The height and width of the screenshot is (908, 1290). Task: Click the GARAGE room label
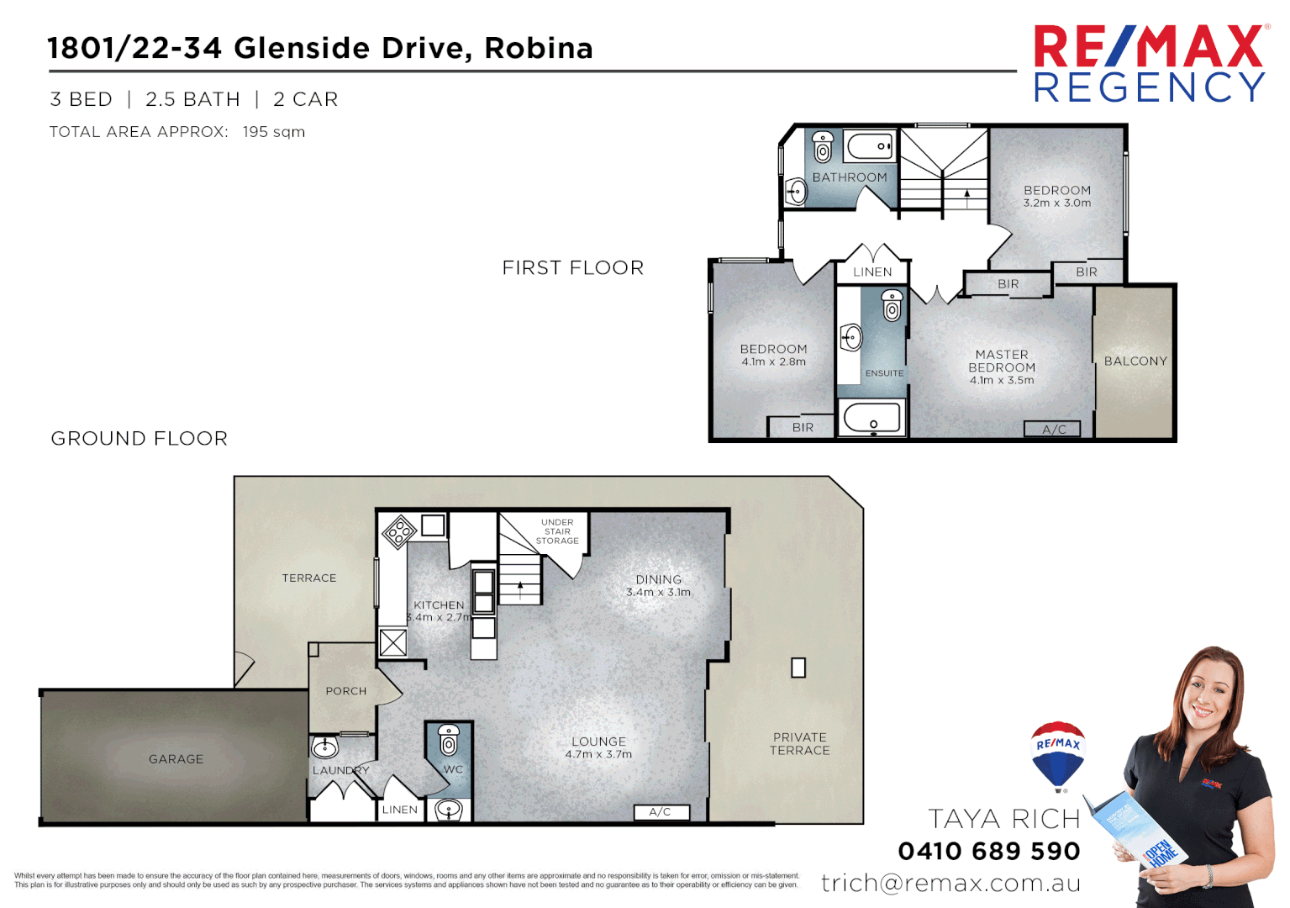[x=176, y=759]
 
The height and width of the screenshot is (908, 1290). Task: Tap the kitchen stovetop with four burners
[x=399, y=531]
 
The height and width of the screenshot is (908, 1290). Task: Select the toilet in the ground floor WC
[x=449, y=741]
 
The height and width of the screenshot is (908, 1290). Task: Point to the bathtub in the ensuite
[x=871, y=418]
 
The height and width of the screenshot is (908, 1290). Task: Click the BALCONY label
[x=1135, y=362]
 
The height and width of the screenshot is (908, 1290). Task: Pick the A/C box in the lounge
[x=661, y=812]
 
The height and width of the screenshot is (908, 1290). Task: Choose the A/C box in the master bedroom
[x=1053, y=430]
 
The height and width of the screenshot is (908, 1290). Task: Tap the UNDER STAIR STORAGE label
[x=557, y=531]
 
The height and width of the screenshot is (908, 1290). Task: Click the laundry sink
[x=324, y=747]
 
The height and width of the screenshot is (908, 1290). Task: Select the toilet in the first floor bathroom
[x=823, y=147]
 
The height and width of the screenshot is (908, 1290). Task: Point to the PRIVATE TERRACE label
[x=799, y=744]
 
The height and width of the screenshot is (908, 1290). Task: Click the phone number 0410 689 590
[x=989, y=851]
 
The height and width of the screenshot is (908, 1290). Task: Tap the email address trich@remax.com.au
[x=950, y=883]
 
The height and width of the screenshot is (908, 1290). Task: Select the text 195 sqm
[x=274, y=132]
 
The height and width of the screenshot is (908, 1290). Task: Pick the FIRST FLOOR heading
[x=573, y=268]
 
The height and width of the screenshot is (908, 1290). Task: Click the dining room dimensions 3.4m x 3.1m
[x=658, y=593]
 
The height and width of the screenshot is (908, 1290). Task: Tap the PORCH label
[x=345, y=691]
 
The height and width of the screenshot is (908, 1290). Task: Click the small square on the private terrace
[x=798, y=668]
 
